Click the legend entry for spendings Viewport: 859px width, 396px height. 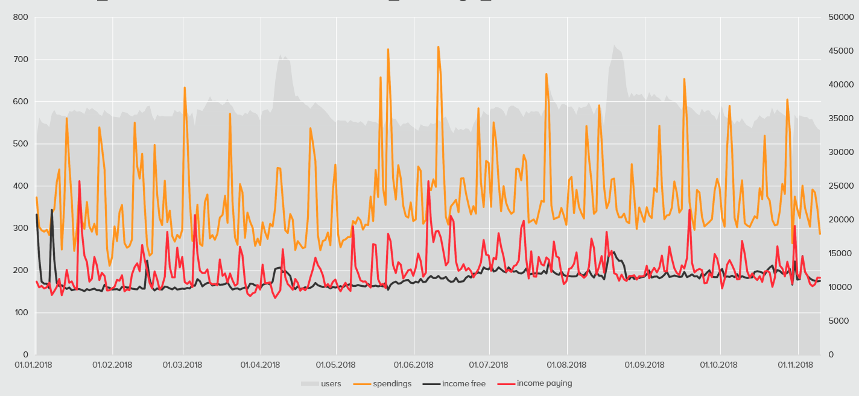point(392,383)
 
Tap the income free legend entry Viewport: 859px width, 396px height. point(463,383)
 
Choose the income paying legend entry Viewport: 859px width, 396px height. point(544,383)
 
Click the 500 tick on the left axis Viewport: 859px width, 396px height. point(21,143)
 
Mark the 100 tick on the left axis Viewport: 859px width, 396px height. point(21,312)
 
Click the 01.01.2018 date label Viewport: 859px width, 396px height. point(34,365)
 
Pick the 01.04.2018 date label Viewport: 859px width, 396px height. point(261,365)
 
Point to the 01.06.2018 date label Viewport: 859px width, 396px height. point(414,365)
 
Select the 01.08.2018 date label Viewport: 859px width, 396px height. point(566,365)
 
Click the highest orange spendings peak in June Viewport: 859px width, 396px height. point(439,47)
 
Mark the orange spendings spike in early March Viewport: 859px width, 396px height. point(185,88)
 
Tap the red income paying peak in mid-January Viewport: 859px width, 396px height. point(79,181)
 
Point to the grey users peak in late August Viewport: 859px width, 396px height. point(615,46)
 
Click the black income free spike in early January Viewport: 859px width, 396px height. point(51,210)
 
